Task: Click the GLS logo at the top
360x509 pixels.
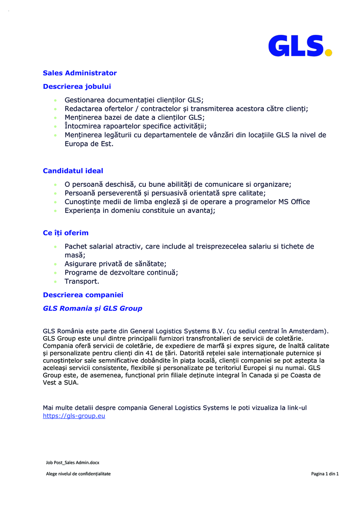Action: pyautogui.click(x=299, y=46)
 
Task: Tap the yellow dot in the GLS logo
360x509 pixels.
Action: pyautogui.click(x=329, y=53)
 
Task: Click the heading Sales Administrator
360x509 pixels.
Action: pyautogui.click(x=80, y=73)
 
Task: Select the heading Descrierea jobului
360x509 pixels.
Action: pyautogui.click(x=77, y=87)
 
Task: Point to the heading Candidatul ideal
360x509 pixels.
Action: pyautogui.click(x=73, y=171)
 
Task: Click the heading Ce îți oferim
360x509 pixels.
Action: pyautogui.click(x=65, y=233)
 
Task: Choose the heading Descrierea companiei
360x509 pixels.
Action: pyautogui.click(x=83, y=295)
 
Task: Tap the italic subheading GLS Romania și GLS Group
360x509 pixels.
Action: pyautogui.click(x=92, y=308)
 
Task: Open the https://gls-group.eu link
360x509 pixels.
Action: pyautogui.click(x=74, y=416)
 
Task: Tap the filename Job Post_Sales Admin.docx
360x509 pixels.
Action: pyautogui.click(x=73, y=462)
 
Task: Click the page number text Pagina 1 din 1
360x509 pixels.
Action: pyautogui.click(x=325, y=474)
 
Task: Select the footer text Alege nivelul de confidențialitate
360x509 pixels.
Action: pyautogui.click(x=78, y=474)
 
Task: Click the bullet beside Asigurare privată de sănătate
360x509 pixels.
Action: pyautogui.click(x=55, y=264)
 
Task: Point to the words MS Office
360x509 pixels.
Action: pyautogui.click(x=294, y=202)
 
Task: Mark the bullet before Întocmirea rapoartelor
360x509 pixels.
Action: pyautogui.click(x=55, y=126)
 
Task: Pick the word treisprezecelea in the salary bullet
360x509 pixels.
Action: pyautogui.click(x=222, y=246)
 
